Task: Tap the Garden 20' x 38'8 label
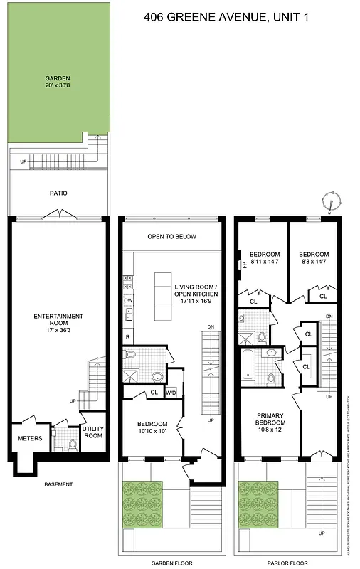58,83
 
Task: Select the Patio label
58,193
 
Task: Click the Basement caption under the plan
58,484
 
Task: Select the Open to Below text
171,237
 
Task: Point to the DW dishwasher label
128,301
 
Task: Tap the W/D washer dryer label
171,393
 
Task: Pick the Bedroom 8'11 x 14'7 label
264,258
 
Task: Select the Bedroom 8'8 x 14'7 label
314,258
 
